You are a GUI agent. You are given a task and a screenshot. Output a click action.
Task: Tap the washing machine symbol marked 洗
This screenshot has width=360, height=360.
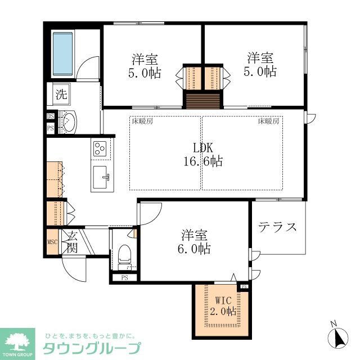click(x=60, y=94)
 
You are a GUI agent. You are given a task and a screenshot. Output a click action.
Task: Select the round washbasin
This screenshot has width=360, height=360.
click(x=69, y=121)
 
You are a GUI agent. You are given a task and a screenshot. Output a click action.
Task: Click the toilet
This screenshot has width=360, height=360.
click(x=125, y=256)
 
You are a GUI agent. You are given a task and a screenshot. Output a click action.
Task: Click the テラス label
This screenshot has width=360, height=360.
click(x=277, y=227)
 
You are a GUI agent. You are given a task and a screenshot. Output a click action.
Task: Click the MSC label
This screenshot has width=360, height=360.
click(x=52, y=242)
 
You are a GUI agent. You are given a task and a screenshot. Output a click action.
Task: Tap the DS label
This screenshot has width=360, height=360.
click(x=50, y=116)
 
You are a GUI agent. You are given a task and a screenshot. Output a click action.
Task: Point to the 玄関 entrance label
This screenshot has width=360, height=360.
click(x=72, y=242)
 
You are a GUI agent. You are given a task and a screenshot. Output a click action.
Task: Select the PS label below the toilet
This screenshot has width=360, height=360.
click(x=124, y=277)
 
